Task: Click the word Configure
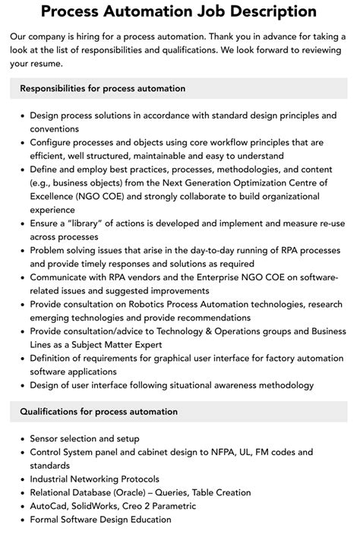pos(54,142)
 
